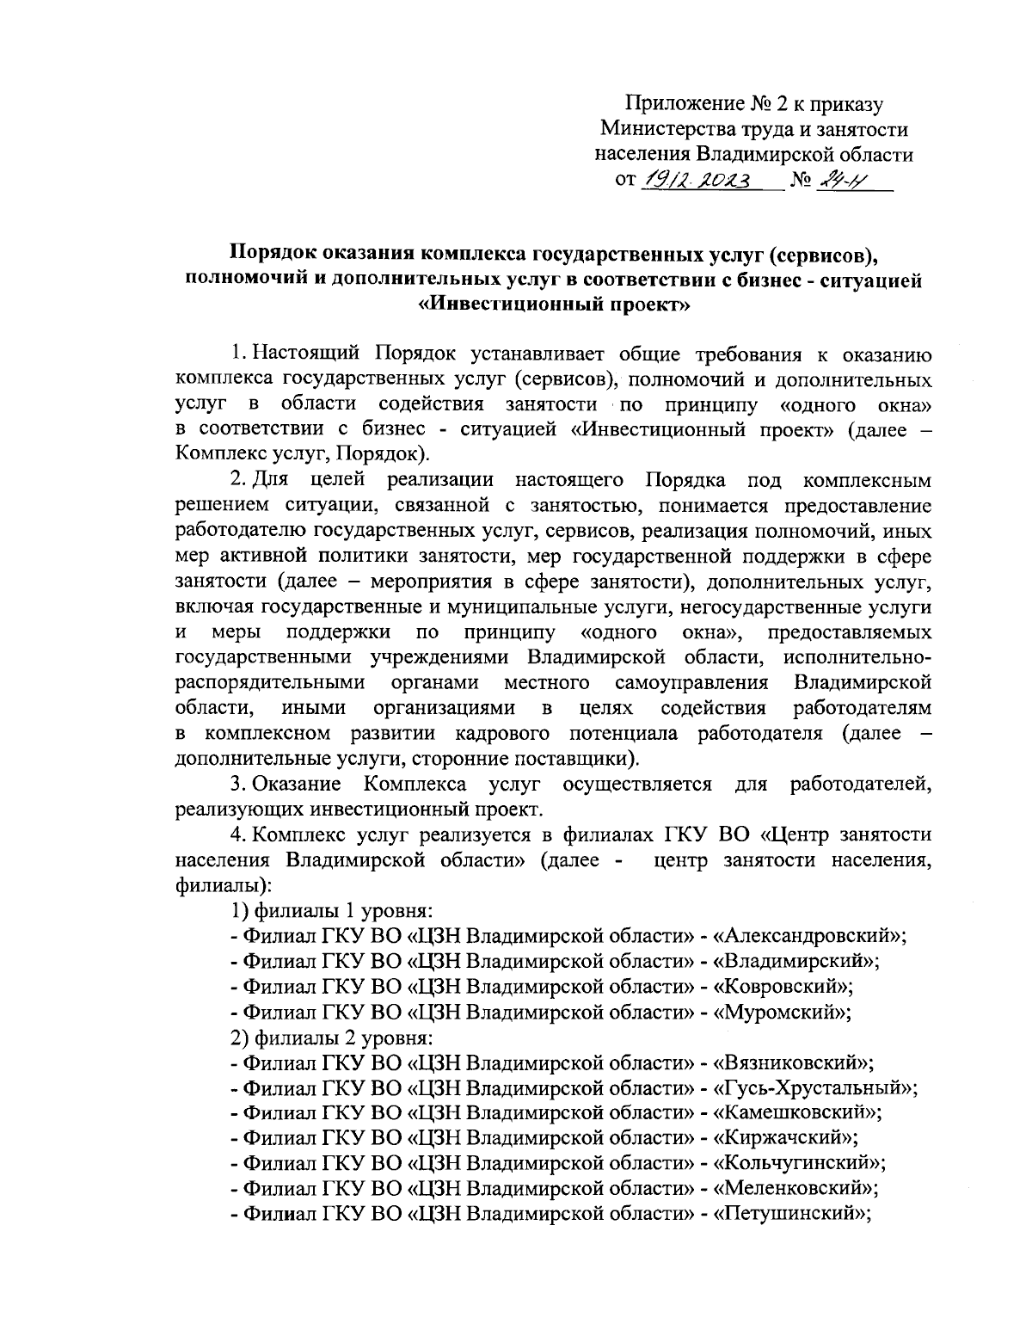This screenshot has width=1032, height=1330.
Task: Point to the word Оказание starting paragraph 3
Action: (298, 785)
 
